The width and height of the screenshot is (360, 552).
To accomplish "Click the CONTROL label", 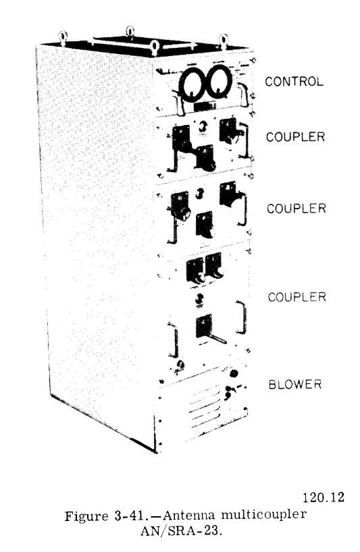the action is click(294, 82).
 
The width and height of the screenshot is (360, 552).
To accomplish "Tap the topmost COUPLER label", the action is click(295, 136).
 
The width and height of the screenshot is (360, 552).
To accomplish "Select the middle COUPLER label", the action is click(297, 209).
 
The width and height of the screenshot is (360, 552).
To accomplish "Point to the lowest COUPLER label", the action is click(297, 297).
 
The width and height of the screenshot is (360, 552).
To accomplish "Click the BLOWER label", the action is click(295, 384).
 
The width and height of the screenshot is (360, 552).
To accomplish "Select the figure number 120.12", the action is click(323, 497).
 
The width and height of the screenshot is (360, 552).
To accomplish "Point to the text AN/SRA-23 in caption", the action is click(181, 530).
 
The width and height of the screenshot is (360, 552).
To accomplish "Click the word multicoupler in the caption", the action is click(264, 515).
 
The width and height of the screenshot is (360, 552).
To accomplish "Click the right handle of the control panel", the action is click(244, 94).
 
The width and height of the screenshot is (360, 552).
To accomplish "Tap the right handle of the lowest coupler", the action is click(243, 317).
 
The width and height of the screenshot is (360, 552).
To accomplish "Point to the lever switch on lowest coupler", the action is click(212, 335).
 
